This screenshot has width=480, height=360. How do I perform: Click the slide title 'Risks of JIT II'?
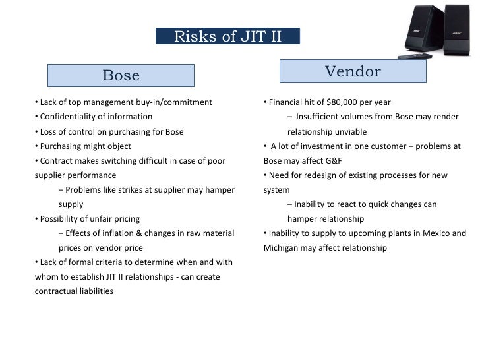(227, 36)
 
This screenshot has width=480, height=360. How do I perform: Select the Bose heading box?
(121, 75)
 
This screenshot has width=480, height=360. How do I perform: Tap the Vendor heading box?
(353, 71)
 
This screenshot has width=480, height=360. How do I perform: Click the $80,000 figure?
(342, 102)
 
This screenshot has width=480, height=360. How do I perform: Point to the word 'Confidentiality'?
(69, 117)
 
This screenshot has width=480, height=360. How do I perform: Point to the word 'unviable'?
(347, 131)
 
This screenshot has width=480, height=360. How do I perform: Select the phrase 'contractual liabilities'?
(73, 291)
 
